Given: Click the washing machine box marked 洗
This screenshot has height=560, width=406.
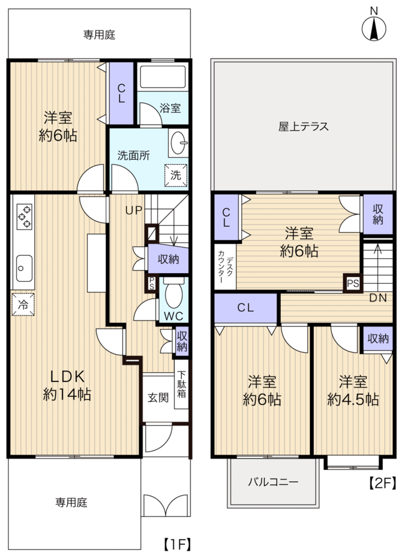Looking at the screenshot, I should tap(175, 175).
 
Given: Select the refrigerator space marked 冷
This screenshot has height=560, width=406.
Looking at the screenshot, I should tap(22, 304).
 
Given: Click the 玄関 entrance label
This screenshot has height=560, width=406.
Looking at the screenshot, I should tap(158, 397).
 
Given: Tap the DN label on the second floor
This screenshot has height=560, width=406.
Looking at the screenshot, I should tap(378, 298).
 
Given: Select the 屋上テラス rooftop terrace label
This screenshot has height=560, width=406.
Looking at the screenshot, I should tap(303, 126).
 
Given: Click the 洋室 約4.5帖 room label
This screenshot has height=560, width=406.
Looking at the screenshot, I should tap(353, 391).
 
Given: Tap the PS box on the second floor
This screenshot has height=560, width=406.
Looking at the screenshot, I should tap(352, 283).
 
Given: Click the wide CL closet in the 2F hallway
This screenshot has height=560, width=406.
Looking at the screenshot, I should tap(245, 308).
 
